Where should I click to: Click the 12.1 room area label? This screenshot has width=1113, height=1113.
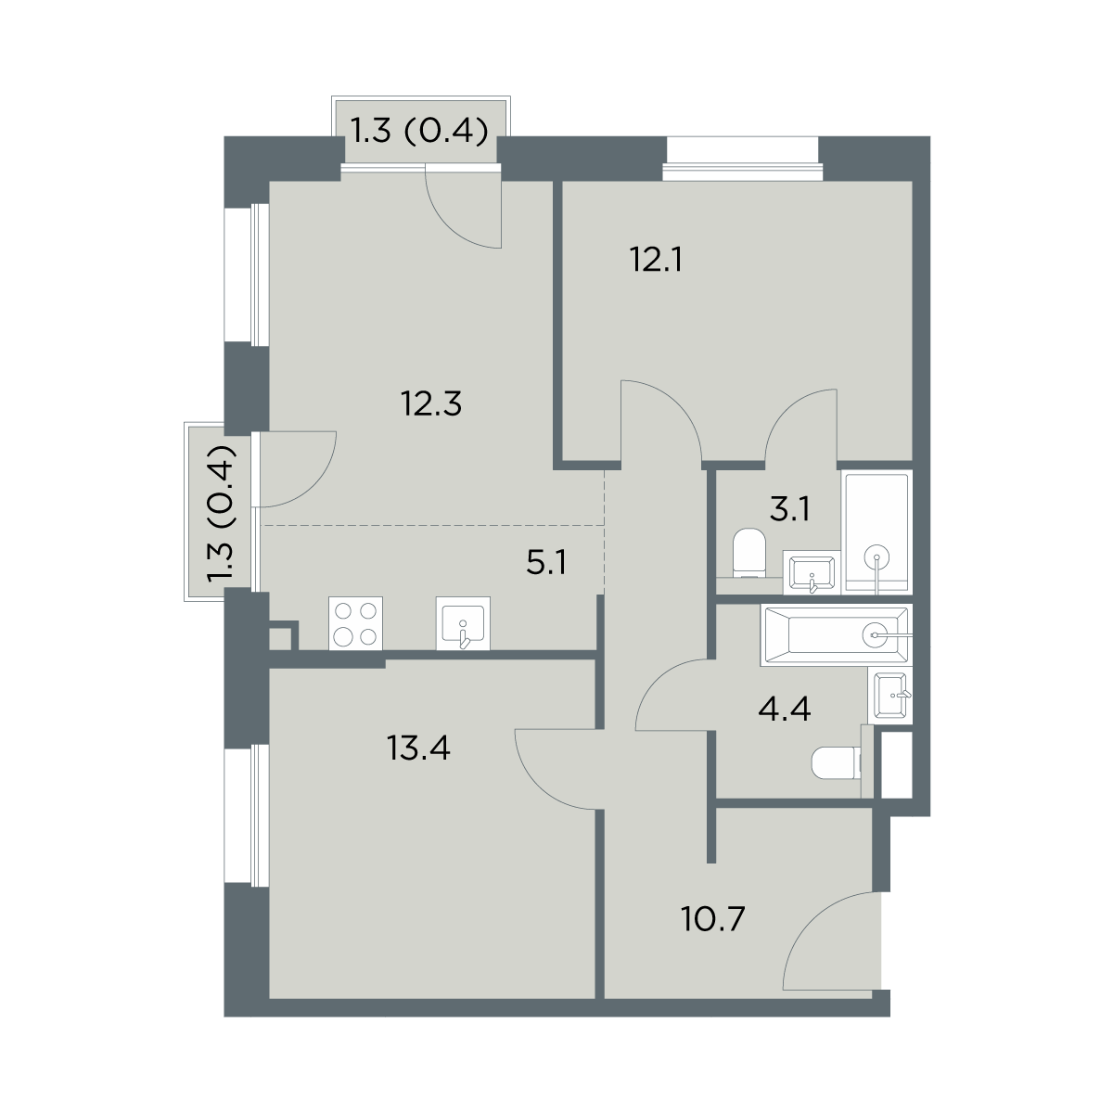656,261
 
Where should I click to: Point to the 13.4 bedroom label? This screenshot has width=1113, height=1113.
418,748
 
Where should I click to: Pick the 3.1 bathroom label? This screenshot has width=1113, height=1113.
790,510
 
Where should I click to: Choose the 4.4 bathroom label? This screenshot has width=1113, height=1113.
785,710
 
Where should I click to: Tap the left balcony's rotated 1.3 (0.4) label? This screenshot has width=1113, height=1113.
223,514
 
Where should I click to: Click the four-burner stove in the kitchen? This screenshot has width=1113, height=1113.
356,624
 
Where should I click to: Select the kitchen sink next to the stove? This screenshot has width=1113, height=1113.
463,624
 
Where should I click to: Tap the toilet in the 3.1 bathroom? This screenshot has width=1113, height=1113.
749,553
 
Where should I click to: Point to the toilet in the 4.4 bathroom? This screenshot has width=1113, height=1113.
837,763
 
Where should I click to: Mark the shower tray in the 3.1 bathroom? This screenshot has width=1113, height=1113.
877,532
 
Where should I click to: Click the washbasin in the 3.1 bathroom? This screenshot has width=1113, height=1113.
812,572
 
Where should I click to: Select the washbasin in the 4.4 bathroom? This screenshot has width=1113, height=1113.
890,695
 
